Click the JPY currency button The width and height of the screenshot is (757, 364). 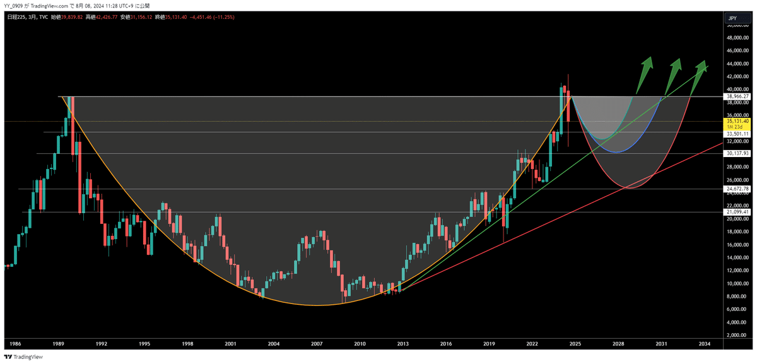point(732,19)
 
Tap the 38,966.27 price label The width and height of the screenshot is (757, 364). point(737,97)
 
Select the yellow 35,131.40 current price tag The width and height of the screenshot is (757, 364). point(737,120)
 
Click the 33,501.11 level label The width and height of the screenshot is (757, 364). point(737,134)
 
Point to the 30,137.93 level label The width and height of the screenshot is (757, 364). point(737,153)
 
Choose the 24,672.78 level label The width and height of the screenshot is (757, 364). point(737,189)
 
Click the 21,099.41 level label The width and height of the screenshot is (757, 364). point(737,212)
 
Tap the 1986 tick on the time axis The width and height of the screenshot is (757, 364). point(13,344)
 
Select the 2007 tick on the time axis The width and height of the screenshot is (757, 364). point(317,344)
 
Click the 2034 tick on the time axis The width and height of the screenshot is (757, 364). point(705,344)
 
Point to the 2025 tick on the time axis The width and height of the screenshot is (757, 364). point(575,344)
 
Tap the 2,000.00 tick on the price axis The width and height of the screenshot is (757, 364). point(738,335)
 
